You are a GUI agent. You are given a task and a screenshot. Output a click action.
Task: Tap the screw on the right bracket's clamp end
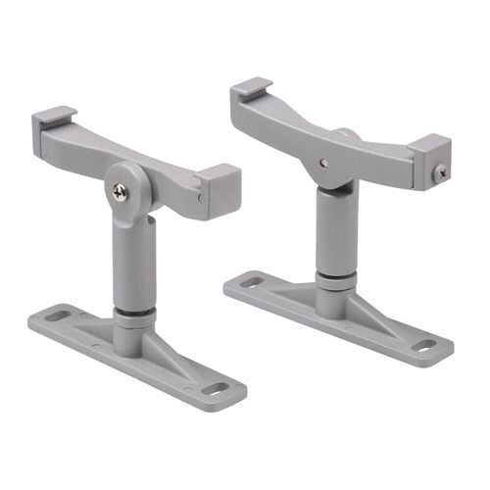click(440, 172)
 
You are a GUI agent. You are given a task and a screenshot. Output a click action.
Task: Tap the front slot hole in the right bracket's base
click(423, 345)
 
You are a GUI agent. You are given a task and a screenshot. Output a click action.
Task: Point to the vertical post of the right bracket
click(336, 235)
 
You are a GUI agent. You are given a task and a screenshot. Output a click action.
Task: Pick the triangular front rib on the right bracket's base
click(377, 314)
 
